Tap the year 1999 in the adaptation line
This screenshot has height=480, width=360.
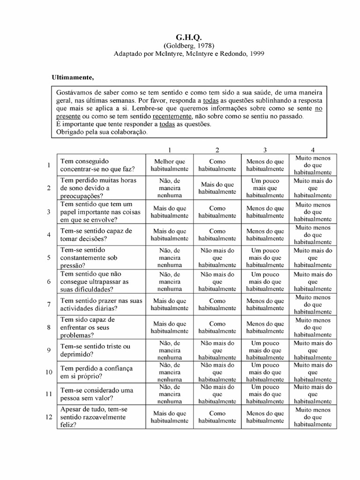[256, 53]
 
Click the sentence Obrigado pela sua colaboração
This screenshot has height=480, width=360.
[101, 132]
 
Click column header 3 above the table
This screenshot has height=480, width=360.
[265, 150]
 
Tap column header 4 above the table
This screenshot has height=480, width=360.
[313, 150]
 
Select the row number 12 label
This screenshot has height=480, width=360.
[48, 417]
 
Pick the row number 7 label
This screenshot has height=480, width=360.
[48, 305]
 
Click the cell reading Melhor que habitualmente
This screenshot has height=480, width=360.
[169, 165]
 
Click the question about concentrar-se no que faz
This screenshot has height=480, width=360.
[97, 165]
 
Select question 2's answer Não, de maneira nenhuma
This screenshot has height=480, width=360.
[169, 188]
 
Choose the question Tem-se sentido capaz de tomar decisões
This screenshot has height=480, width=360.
[97, 234]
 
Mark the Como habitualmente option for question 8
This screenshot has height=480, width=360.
[217, 327]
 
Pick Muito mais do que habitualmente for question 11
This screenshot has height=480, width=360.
[313, 394]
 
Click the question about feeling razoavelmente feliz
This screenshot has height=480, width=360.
[94, 417]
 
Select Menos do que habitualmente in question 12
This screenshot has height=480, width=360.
[265, 417]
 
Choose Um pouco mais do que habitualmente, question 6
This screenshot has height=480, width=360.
[265, 282]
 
